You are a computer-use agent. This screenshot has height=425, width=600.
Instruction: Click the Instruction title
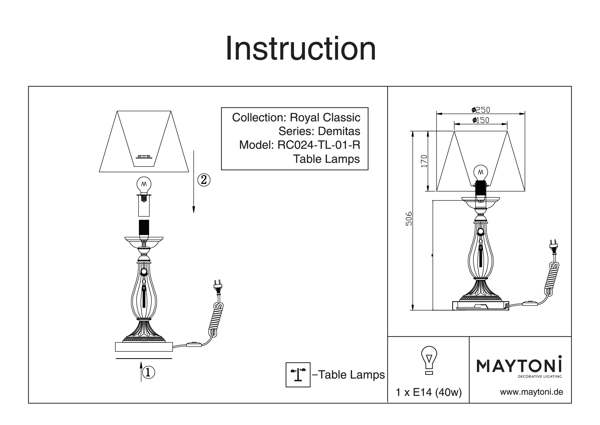click(301, 49)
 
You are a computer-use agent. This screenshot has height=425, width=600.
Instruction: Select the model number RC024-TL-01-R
click(319, 145)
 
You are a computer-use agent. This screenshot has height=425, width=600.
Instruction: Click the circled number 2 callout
click(204, 180)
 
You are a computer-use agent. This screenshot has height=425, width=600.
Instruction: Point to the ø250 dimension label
click(480, 110)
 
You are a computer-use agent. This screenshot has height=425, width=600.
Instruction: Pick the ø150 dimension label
click(480, 120)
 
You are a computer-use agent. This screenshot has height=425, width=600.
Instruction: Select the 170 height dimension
click(424, 161)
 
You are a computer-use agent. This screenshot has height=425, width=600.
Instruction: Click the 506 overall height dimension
click(409, 218)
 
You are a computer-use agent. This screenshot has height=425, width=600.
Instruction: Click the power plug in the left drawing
click(218, 288)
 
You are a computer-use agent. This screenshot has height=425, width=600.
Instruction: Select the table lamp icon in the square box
click(298, 375)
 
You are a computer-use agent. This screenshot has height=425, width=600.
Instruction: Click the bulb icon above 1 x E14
click(429, 359)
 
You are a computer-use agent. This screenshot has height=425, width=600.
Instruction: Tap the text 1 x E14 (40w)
click(429, 392)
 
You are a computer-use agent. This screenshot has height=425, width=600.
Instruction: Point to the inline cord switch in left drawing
click(194, 344)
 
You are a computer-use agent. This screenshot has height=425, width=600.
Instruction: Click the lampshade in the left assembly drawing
click(144, 141)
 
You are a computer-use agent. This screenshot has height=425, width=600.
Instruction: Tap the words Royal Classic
click(325, 117)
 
